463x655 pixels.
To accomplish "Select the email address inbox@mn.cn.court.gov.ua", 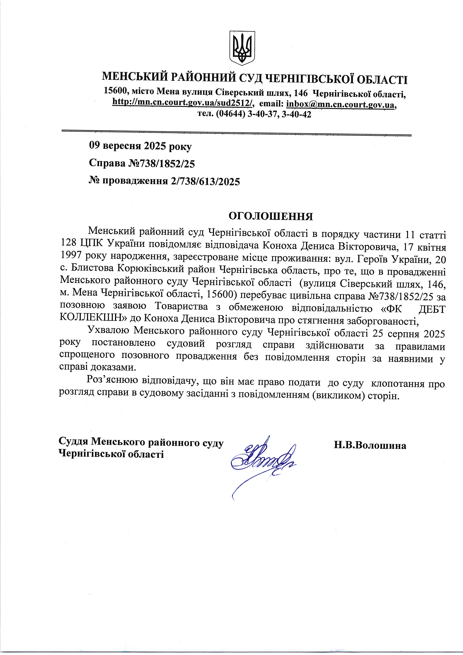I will (x=341, y=104).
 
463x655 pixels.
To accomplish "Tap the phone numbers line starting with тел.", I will (x=254, y=114).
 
